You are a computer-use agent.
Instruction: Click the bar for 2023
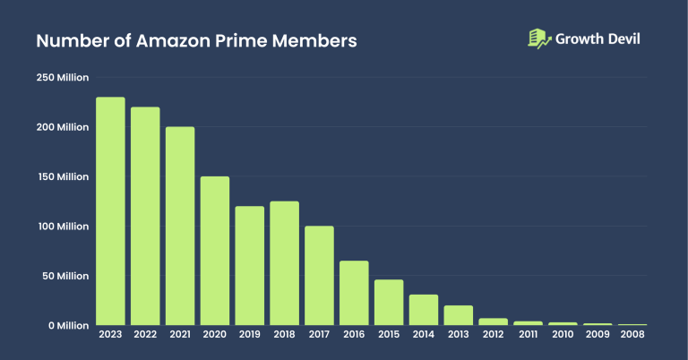point(110,211)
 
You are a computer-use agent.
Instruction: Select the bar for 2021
point(180,226)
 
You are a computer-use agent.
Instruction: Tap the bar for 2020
point(214,251)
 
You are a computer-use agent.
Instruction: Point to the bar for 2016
point(354,293)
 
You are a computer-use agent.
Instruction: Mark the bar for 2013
point(459,314)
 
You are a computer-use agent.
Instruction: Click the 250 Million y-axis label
point(62,78)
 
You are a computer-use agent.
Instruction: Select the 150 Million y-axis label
point(62,176)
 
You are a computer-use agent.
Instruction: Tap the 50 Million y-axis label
point(64,276)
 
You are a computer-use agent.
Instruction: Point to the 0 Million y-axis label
point(67,325)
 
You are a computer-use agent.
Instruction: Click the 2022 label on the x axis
point(145,335)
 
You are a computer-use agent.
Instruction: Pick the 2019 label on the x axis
point(249,335)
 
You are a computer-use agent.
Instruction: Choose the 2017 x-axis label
point(319,335)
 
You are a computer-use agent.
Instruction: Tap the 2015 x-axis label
point(389,335)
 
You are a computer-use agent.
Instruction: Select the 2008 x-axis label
point(632,335)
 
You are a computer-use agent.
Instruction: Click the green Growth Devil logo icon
point(538,39)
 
